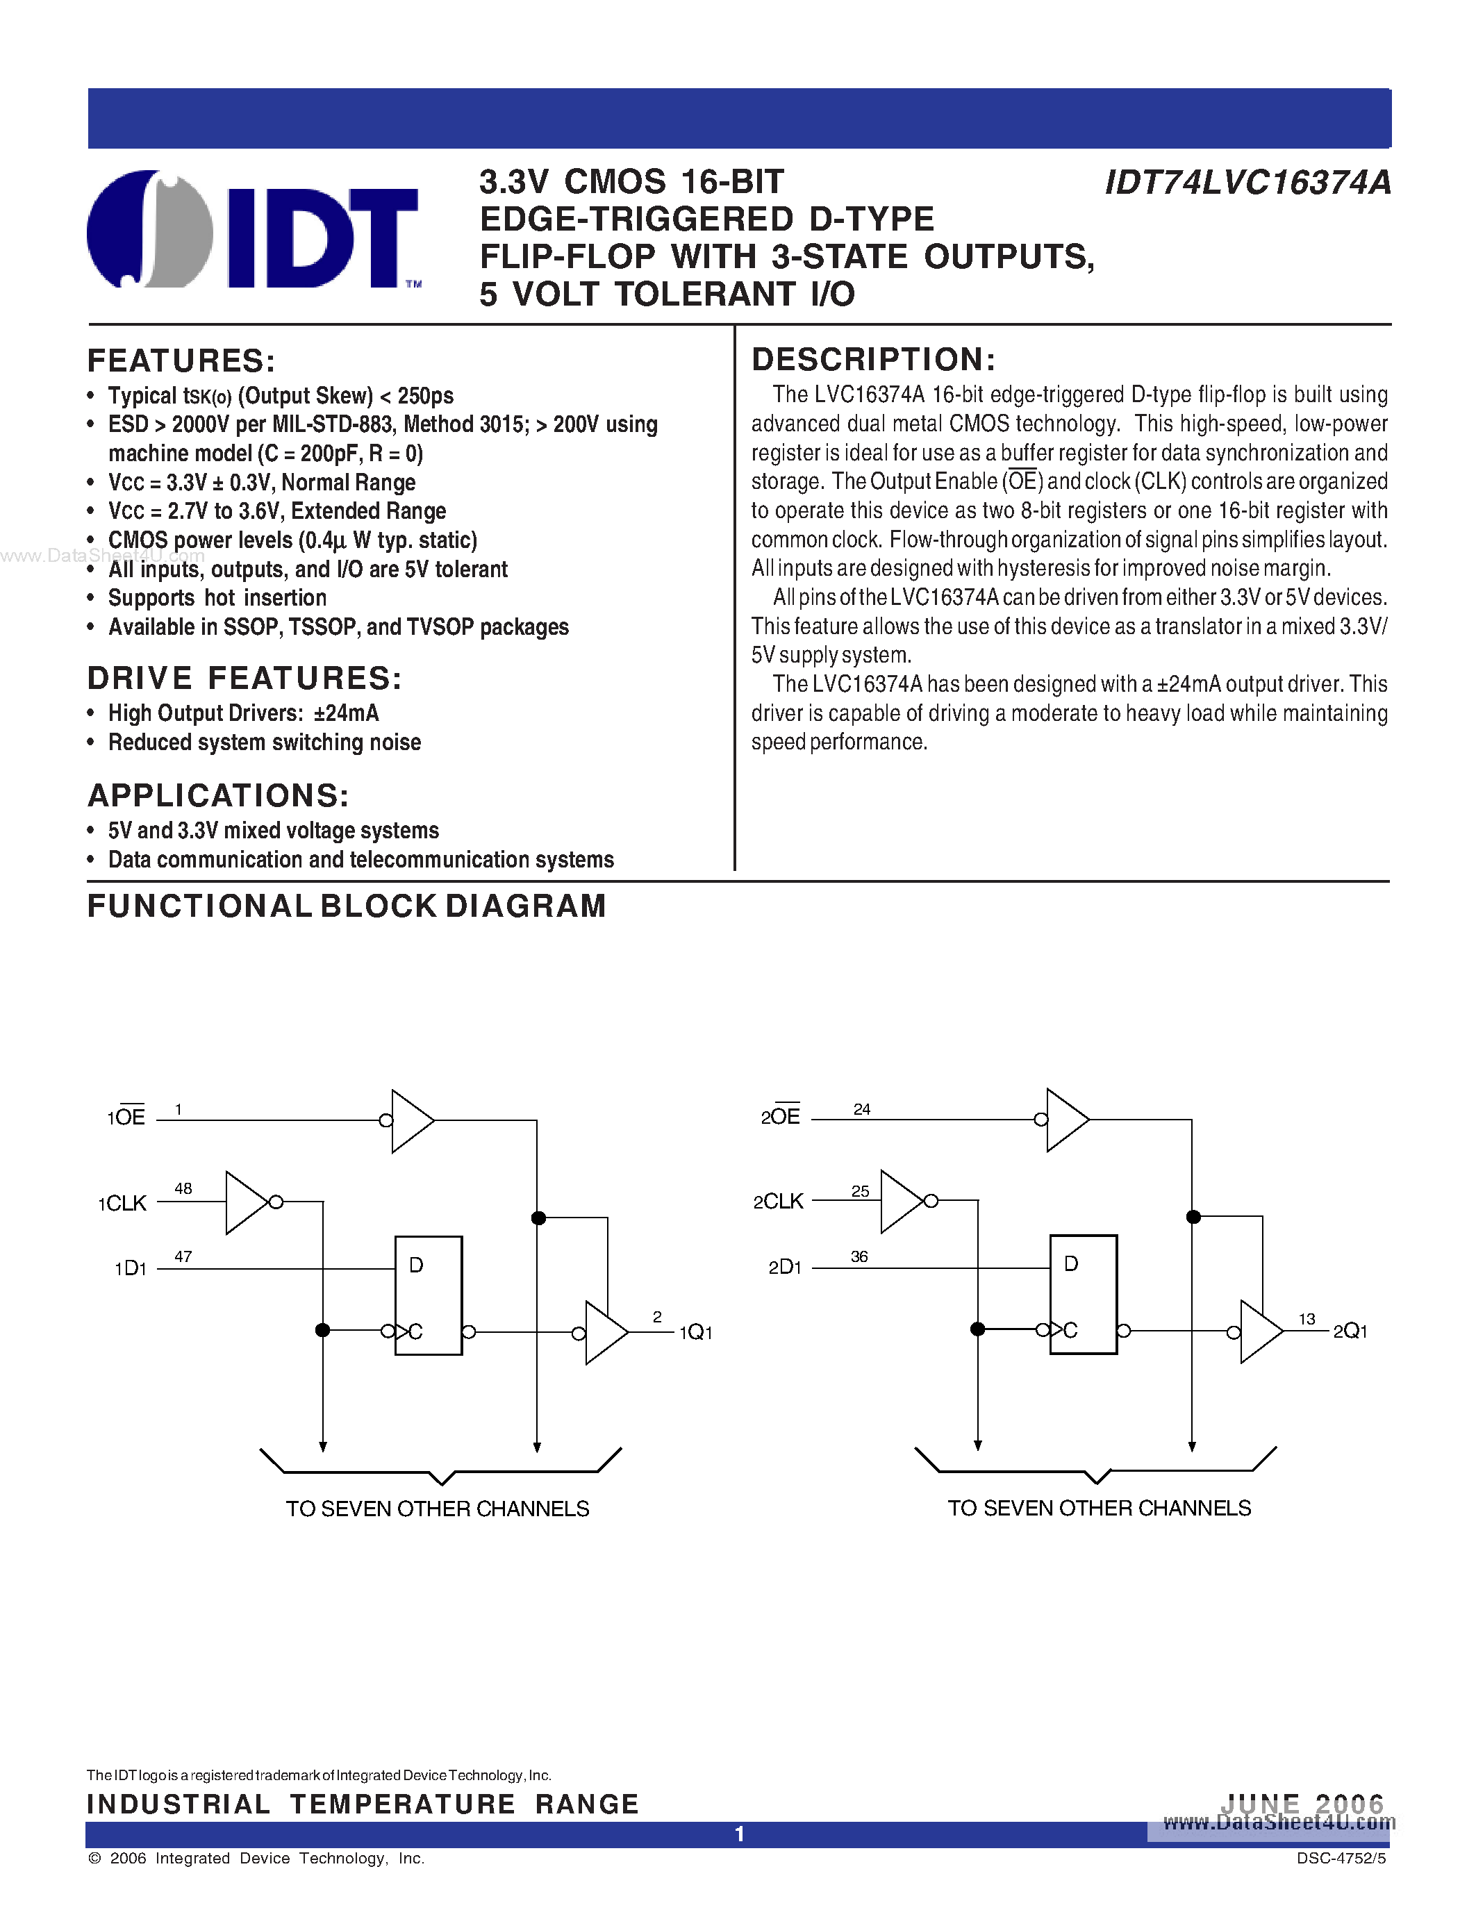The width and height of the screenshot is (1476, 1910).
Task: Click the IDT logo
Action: [254, 229]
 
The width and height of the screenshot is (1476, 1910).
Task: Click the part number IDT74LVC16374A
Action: [1247, 183]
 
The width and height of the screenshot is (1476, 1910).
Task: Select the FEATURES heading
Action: [181, 361]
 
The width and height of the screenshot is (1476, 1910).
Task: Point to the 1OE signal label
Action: [126, 1117]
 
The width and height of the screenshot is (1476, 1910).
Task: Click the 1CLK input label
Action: [122, 1204]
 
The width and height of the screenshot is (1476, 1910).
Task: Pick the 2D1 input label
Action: [784, 1268]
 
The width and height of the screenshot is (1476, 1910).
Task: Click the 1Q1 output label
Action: [696, 1332]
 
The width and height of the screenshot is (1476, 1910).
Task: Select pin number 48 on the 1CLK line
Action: [183, 1188]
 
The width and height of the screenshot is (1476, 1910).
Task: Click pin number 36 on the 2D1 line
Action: [859, 1256]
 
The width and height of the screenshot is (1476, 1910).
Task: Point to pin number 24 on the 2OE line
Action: [862, 1109]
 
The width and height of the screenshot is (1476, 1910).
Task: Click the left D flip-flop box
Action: [429, 1295]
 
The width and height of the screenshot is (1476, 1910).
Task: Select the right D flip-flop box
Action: [1084, 1295]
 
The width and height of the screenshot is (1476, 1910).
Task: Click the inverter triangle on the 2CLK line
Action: [901, 1202]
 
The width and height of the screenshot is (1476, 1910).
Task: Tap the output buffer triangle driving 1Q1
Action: [605, 1333]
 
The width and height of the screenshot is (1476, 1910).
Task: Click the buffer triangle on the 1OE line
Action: [411, 1120]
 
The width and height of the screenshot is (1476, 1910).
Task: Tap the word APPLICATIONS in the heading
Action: [217, 795]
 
